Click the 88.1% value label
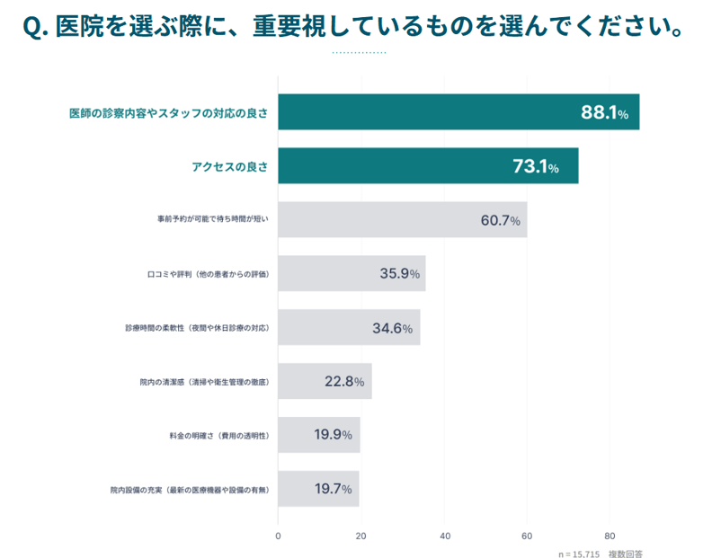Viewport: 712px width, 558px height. tap(604, 113)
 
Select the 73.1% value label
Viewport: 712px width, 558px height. tap(536, 167)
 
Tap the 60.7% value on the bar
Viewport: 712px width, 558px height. tap(500, 220)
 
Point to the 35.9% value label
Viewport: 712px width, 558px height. tap(399, 274)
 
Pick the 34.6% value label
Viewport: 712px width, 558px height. tap(392, 328)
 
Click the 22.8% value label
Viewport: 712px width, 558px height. tap(344, 382)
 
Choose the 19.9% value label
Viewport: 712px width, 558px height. tap(333, 435)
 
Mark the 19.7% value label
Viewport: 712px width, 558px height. tap(333, 489)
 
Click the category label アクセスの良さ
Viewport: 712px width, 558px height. tap(229, 167)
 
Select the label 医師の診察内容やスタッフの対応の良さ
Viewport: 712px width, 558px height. tap(169, 113)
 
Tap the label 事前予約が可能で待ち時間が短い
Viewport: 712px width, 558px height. tap(212, 220)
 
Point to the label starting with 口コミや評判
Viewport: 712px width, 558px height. tap(208, 274)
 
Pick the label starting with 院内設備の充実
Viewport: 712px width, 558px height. tap(190, 490)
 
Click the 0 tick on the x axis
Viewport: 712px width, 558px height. tap(278, 536)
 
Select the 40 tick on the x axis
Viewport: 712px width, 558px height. tap(444, 536)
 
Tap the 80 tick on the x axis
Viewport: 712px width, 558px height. tap(610, 536)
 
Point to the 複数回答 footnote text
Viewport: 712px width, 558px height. tap(626, 554)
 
